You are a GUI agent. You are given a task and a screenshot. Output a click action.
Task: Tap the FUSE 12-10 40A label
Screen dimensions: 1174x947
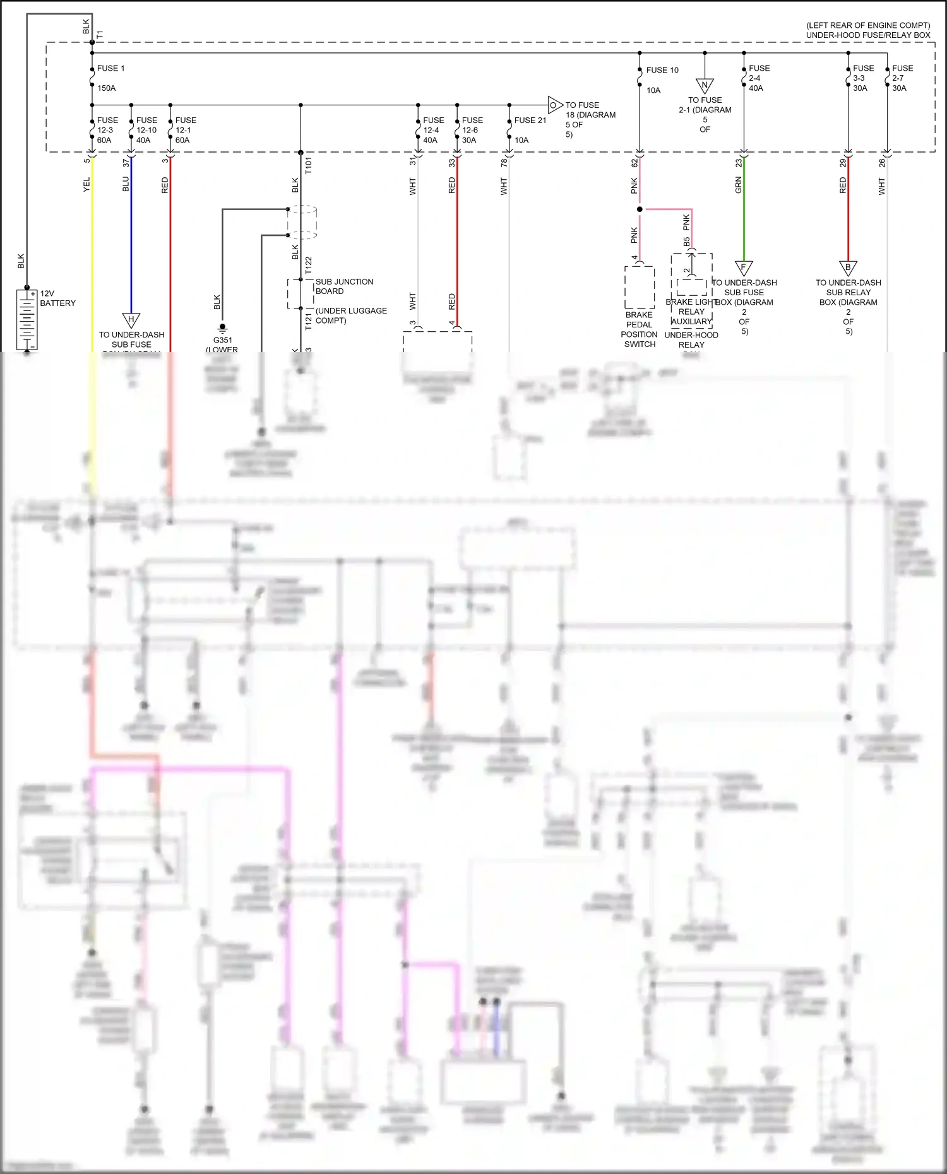coord(146,130)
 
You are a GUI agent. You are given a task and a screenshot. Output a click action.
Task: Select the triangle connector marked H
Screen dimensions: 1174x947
coord(131,320)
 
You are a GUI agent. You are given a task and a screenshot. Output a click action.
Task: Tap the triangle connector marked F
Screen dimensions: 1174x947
coord(744,268)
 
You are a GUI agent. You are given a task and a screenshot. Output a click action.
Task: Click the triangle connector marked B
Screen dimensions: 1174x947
coord(848,268)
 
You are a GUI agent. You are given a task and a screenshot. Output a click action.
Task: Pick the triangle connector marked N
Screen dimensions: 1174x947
coord(705,86)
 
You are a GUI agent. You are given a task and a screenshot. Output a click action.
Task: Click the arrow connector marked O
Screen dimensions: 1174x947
coord(554,105)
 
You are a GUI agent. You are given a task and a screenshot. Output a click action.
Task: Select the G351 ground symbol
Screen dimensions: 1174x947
coord(222,328)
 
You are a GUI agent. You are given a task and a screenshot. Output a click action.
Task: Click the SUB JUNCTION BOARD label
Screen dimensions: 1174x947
coord(344,286)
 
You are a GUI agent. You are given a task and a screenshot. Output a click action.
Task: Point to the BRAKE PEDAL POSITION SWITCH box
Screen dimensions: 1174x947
coord(640,287)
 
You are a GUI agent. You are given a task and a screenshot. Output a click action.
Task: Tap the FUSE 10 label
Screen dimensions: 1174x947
coord(662,70)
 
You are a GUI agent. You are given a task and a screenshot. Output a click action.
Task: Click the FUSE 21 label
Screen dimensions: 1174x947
coord(530,120)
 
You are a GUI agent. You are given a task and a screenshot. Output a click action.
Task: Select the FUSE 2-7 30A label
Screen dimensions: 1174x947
coord(902,78)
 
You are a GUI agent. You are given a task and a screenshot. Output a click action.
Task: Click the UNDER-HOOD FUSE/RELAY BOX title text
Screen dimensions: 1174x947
coord(867,35)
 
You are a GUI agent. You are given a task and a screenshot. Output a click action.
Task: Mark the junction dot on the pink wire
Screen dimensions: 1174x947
coord(640,209)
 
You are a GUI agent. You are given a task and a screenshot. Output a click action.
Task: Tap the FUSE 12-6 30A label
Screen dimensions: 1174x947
coord(472,130)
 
